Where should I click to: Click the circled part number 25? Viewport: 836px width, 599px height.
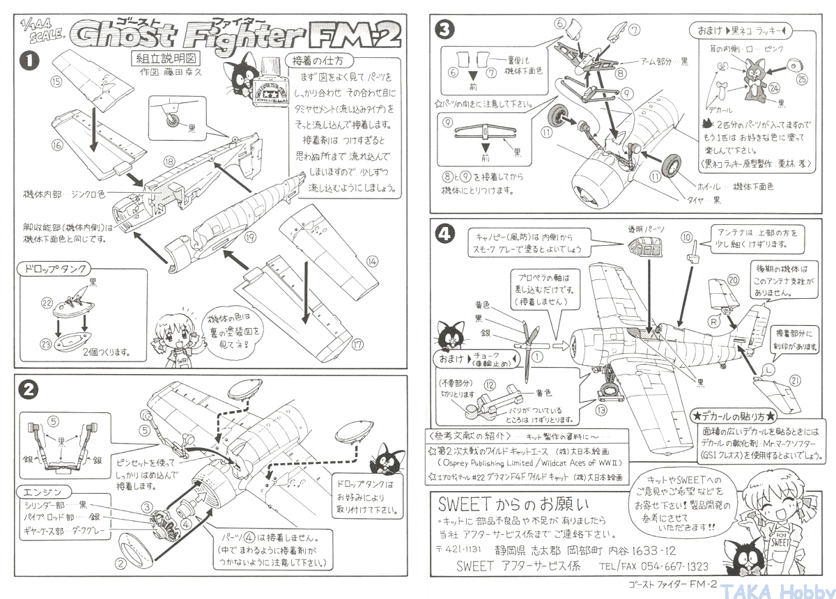(x=802, y=81)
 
